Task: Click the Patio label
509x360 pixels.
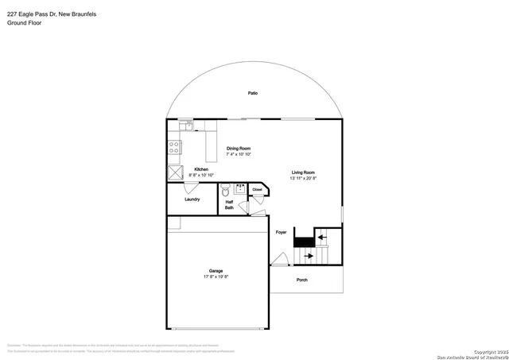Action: (x=252, y=93)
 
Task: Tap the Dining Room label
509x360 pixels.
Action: (x=239, y=148)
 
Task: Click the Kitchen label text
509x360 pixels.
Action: (x=202, y=168)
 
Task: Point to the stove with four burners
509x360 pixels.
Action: (x=173, y=147)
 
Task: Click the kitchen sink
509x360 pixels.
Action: (x=185, y=125)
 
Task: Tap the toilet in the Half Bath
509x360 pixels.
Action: (x=226, y=192)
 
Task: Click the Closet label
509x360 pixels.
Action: (x=257, y=190)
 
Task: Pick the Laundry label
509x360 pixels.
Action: (x=192, y=199)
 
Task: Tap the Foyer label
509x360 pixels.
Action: (x=281, y=232)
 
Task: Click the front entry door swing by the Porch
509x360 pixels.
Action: (x=278, y=259)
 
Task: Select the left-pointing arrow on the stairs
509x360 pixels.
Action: (x=321, y=235)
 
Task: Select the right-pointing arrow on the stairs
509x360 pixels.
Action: (x=308, y=257)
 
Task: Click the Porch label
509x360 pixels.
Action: (x=301, y=280)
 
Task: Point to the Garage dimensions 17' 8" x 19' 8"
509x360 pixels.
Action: (x=216, y=277)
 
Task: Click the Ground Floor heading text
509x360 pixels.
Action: (x=24, y=23)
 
